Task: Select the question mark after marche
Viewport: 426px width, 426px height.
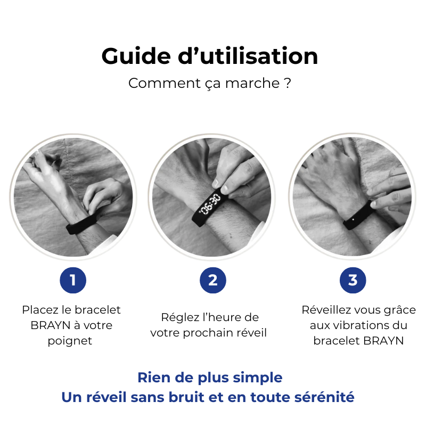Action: pos(287,84)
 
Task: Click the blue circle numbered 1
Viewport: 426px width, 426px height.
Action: pos(73,280)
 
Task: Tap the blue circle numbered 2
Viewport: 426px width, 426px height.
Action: pos(213,280)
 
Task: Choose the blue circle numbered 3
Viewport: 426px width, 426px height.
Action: pos(353,280)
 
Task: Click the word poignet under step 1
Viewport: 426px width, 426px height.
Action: pos(70,341)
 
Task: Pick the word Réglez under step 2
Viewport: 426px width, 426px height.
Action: pos(178,317)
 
